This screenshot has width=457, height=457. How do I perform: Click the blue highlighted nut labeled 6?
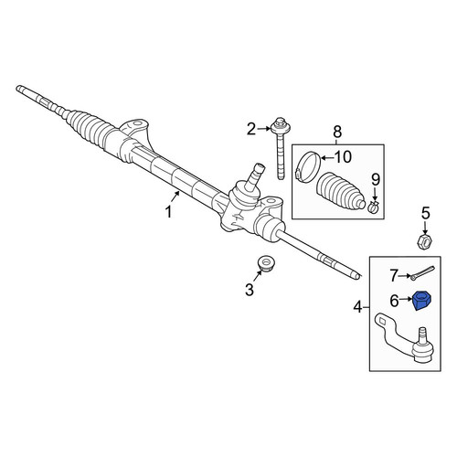tap(423, 301)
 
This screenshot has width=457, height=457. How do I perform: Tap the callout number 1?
tap(168, 212)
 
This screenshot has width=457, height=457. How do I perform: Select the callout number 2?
tap(251, 130)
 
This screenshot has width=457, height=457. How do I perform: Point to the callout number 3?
tap(250, 290)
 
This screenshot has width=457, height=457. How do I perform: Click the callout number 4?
tap(357, 307)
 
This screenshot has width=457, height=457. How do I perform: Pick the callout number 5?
tap(426, 213)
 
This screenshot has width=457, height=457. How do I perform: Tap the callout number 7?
tap(394, 276)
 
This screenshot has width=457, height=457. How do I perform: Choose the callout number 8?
tap(337, 133)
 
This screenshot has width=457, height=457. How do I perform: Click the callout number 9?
tap(376, 179)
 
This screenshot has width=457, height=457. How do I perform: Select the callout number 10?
tap(343, 157)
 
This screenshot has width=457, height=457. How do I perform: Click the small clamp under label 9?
tap(374, 207)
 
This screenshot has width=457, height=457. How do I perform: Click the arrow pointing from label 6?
tap(406, 300)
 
